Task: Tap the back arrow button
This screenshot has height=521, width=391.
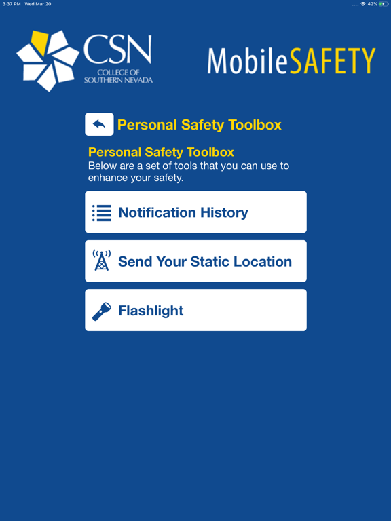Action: point(99,124)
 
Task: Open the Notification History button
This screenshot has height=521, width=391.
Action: point(195,212)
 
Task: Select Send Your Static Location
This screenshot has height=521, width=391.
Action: point(195,261)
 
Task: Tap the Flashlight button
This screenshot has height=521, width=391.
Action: point(195,311)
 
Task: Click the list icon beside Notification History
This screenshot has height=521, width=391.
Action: point(102,213)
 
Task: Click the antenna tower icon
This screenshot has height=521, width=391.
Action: point(101,260)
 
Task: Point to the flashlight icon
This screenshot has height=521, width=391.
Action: point(101,311)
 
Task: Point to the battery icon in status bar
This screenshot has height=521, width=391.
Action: point(382,4)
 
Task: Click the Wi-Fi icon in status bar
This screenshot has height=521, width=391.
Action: point(362,4)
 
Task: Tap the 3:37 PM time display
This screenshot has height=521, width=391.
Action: point(11,4)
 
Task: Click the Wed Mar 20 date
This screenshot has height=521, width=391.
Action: point(38,4)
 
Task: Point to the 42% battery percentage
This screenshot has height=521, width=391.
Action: point(373,4)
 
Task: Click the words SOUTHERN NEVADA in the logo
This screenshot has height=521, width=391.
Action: point(118,80)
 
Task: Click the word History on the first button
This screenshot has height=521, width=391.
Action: point(221,212)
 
